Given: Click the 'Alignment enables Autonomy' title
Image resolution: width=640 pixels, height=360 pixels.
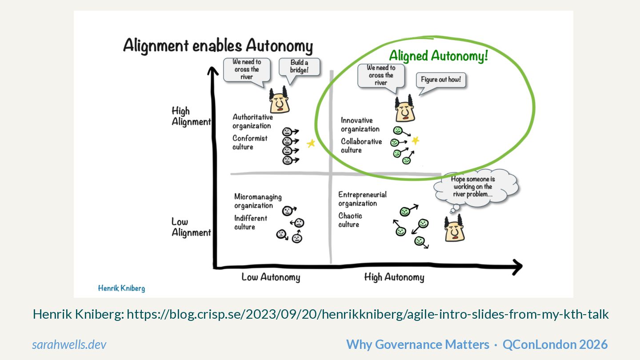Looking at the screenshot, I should pyautogui.click(x=218, y=46).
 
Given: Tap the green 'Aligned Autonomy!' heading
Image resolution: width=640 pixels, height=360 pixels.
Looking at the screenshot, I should pyautogui.click(x=438, y=56).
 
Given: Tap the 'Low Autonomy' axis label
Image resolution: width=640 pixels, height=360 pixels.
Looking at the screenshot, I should pyautogui.click(x=271, y=277).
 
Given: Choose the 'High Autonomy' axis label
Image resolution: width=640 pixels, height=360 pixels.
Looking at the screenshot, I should pyautogui.click(x=394, y=277).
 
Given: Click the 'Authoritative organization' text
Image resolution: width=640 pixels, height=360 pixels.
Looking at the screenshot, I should pyautogui.click(x=252, y=121).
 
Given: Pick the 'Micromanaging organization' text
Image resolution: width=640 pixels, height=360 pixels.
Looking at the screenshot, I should pyautogui.click(x=258, y=201).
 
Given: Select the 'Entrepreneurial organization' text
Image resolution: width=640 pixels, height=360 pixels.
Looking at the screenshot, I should pyautogui.click(x=362, y=199).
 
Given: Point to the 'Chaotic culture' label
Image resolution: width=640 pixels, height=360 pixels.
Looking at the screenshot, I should pyautogui.click(x=350, y=220).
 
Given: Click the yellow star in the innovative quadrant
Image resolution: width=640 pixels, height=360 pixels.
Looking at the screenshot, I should pyautogui.click(x=415, y=141).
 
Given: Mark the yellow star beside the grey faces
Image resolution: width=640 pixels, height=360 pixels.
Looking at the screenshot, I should pyautogui.click(x=311, y=143).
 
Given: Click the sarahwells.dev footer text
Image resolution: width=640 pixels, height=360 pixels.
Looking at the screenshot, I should pyautogui.click(x=69, y=344).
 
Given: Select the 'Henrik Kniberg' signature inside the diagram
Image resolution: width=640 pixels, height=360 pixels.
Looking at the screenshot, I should pyautogui.click(x=121, y=288).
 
